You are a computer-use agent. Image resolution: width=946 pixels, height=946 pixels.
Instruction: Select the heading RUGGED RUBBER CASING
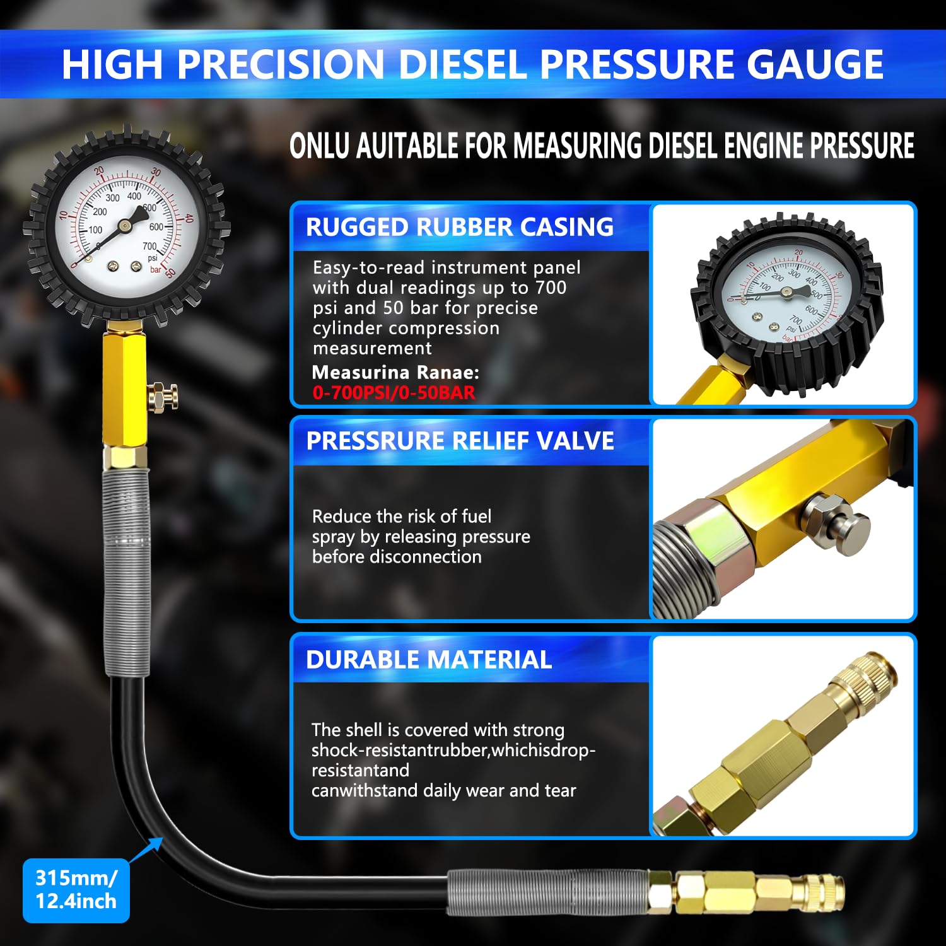pos(459,227)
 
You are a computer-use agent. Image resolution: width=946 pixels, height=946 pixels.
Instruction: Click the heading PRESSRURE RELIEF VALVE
pos(460,441)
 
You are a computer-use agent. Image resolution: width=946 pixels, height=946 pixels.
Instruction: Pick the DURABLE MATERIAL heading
pos(429,660)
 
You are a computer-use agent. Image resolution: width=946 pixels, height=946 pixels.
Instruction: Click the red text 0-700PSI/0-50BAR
pos(394,393)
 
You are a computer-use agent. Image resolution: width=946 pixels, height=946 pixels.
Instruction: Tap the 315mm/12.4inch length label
pos(76,889)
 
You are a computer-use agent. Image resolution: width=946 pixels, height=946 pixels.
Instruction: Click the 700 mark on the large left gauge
pos(149,246)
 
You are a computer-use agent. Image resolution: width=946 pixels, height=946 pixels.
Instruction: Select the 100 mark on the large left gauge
pos(95,230)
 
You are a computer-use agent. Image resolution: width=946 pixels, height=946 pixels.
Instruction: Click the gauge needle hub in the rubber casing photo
pos(786,292)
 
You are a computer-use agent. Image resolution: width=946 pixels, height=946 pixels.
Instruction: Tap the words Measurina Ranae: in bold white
pos(395,372)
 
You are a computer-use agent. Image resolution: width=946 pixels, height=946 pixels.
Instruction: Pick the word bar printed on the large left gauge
pos(155,269)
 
